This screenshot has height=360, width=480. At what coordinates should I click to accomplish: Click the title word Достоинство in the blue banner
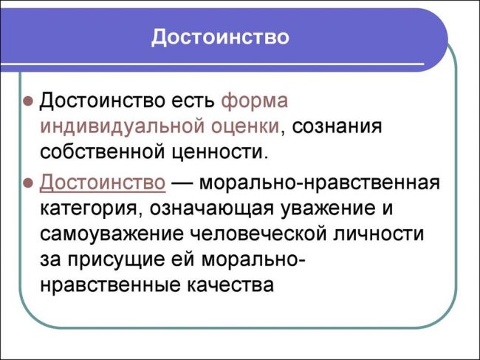coord(220,36)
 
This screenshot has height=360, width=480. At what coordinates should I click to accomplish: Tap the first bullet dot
coord(27,100)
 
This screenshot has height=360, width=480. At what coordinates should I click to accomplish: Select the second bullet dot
coord(27,182)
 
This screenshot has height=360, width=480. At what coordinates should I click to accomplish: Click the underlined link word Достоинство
coord(102,182)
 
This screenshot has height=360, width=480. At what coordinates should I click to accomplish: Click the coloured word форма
coord(255,100)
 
